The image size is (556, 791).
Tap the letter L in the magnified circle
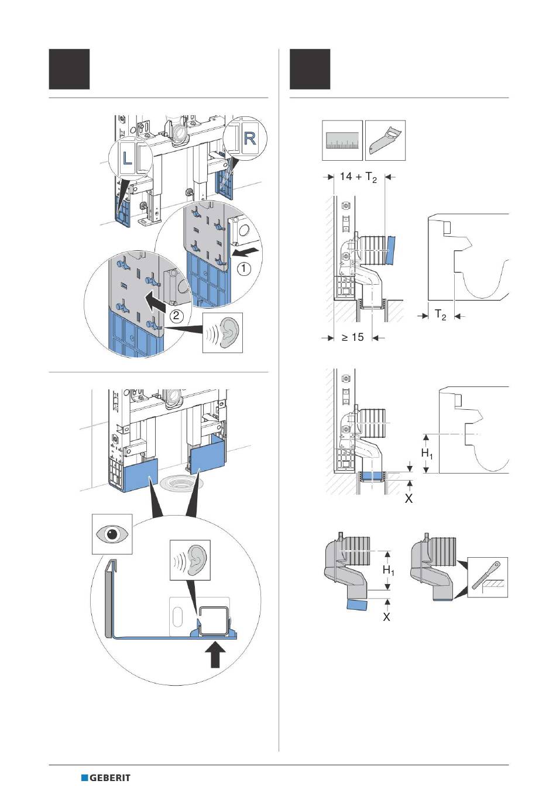[126, 157]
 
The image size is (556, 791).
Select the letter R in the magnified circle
[249, 138]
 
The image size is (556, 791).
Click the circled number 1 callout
[243, 269]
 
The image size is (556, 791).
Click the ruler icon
[342, 140]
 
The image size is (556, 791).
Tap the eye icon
[112, 534]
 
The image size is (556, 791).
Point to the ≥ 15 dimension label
[353, 337]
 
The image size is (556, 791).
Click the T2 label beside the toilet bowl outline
[441, 315]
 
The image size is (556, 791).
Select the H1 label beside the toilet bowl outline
[427, 453]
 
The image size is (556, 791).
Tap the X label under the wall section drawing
[409, 499]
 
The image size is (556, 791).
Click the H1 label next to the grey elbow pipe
[388, 569]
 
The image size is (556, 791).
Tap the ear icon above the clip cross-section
[190, 559]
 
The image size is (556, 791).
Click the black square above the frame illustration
[69, 69]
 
